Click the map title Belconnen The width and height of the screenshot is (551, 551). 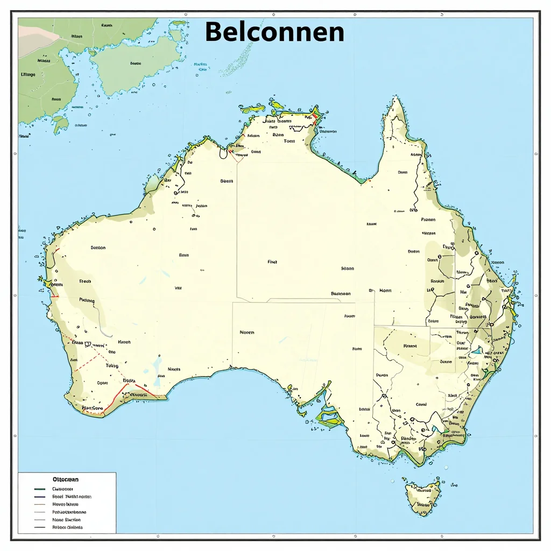274,32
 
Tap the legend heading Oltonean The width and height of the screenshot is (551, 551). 66,478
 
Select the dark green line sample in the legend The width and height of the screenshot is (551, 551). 39,489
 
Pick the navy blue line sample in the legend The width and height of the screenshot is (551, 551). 39,497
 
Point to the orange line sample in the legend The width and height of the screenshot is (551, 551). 39,505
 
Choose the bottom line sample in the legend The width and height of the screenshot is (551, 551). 39,528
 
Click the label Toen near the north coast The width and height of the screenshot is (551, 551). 289,141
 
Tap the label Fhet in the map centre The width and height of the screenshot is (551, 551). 272,262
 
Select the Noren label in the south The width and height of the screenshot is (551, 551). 247,333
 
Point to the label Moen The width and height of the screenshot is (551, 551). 385,290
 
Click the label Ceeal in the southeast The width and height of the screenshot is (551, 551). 421,404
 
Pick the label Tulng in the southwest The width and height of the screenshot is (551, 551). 111,365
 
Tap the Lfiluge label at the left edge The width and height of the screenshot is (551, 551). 27,75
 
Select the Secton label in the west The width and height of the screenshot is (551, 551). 98,248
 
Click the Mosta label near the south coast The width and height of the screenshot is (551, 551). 174,369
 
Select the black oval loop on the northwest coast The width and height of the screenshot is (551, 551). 222,153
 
